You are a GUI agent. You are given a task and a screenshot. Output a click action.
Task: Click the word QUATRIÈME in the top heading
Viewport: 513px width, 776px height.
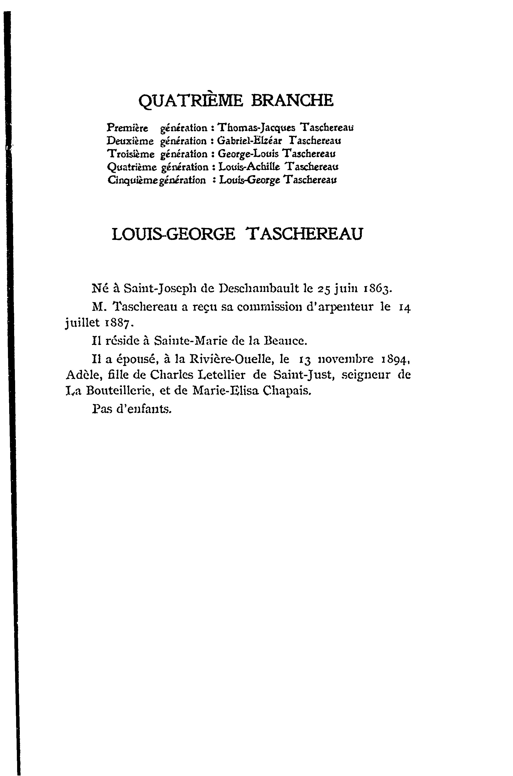point(191,100)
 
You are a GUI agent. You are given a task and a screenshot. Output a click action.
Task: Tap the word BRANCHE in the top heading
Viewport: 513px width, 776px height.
point(292,100)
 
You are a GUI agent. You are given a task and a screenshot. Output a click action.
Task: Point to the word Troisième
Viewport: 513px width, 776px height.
point(131,154)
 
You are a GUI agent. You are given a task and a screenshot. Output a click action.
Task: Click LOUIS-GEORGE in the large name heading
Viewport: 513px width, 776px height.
point(173,234)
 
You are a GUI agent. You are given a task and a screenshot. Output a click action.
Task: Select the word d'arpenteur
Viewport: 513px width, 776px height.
point(339,307)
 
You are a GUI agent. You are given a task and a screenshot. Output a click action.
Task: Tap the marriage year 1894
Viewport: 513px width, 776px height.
point(395,360)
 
